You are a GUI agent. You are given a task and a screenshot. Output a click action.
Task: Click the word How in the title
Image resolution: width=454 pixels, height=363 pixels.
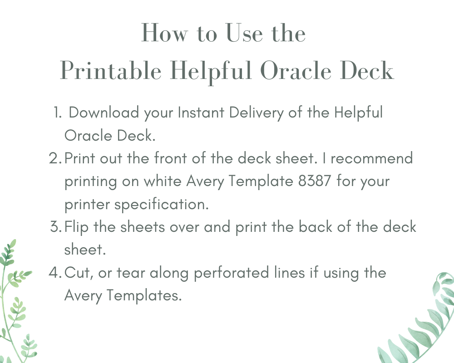click(164, 33)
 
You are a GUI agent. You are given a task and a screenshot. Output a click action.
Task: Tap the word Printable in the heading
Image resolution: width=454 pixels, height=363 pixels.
click(111, 71)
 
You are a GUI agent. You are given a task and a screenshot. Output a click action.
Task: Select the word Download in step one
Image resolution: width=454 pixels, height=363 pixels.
click(104, 113)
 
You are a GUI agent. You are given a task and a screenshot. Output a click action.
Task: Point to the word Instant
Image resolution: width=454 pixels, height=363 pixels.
click(201, 113)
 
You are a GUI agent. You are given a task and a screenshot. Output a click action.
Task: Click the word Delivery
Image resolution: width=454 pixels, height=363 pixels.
click(256, 113)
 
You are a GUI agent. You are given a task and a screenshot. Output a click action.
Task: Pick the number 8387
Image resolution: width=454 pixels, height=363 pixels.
click(314, 181)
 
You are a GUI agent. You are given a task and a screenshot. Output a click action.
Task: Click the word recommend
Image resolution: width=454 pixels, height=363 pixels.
click(372, 158)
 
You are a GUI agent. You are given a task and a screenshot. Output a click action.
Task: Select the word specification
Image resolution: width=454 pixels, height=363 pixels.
click(161, 204)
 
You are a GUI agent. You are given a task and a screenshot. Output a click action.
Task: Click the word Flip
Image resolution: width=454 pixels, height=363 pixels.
click(76, 227)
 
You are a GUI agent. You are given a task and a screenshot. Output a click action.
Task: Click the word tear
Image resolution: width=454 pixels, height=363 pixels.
click(131, 273)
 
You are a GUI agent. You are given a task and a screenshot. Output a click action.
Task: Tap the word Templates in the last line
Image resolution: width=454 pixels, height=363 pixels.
click(144, 296)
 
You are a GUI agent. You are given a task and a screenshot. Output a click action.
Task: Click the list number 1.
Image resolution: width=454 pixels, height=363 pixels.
click(57, 113)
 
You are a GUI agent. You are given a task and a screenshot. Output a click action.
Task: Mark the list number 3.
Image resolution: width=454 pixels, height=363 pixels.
click(55, 227)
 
